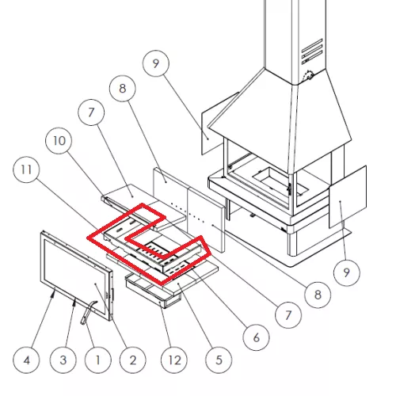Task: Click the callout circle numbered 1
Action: [97, 360]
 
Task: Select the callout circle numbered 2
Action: [132, 360]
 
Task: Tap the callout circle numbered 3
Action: [63, 360]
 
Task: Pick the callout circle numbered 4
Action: [26, 360]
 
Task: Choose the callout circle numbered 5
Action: [219, 360]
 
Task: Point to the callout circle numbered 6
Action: [256, 337]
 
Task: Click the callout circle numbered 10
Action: [59, 141]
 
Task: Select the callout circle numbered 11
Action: [26, 169]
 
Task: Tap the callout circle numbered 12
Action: [174, 360]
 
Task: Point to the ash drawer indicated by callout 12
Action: [153, 291]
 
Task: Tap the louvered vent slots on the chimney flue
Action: [312, 51]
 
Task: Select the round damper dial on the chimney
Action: [308, 76]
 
